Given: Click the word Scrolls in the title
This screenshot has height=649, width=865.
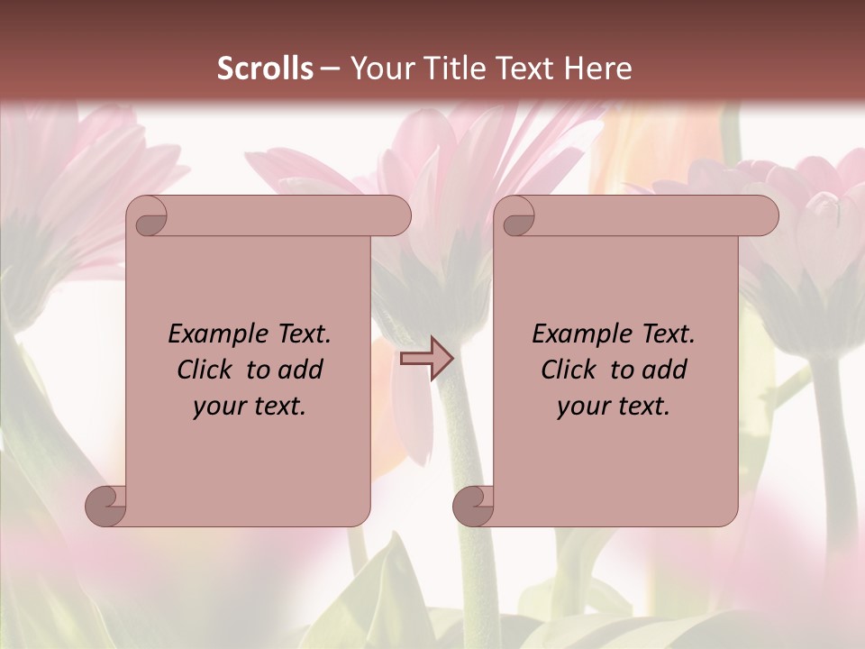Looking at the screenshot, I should [265, 69].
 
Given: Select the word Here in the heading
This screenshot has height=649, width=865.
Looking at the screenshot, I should [597, 69].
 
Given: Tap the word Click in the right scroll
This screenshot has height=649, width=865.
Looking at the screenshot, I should [567, 370].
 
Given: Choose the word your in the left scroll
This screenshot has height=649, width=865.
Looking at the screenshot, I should [218, 407].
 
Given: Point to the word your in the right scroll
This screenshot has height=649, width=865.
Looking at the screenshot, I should [582, 407].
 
